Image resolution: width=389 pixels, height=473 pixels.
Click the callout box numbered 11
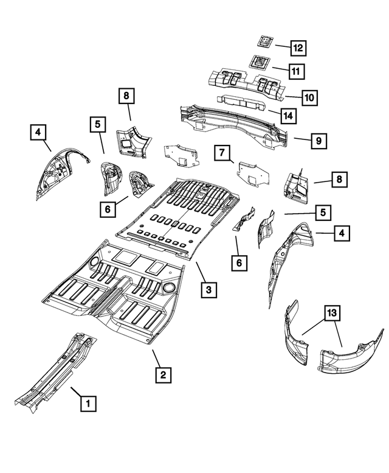point(295,72)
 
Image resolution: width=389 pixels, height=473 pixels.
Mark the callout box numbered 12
point(298,47)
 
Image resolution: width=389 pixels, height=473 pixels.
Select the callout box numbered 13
point(331,314)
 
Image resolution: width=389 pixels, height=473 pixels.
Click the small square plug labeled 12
point(264,42)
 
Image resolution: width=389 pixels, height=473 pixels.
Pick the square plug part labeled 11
point(260,63)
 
